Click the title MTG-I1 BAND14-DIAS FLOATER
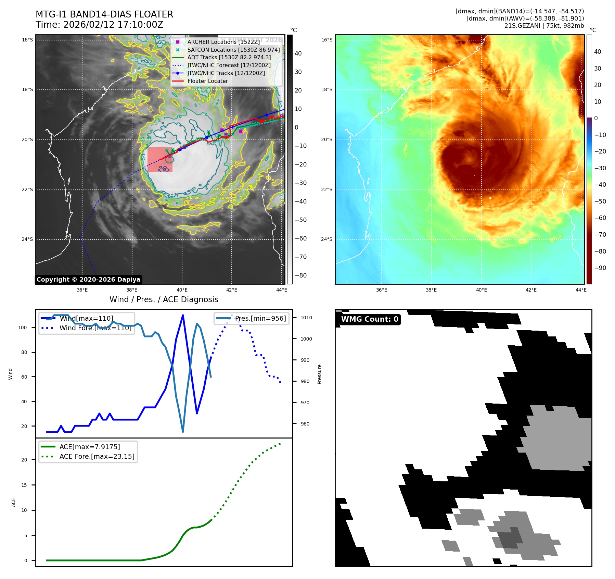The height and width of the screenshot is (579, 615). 104,14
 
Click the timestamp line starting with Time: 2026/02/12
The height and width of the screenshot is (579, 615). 99,25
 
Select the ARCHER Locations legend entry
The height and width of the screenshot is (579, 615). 223,42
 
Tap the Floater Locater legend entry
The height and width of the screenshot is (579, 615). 207,81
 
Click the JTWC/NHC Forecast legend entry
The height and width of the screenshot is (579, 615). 229,65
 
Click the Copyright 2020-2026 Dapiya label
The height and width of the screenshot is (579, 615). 88,280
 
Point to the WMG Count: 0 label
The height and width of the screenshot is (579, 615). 370,319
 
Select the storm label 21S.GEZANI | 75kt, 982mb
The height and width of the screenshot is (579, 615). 544,26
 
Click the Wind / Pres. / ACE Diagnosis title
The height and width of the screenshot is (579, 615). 164,299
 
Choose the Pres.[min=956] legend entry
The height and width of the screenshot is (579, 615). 260,318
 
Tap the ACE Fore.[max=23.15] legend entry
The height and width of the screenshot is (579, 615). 97,456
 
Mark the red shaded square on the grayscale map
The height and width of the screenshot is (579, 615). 160,160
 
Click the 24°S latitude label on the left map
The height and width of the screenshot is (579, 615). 27,239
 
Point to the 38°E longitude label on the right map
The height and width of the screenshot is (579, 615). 431,290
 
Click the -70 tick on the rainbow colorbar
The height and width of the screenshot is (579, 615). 600,235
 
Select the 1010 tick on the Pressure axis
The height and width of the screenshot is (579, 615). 306,318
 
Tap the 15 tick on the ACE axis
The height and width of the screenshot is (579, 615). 24,485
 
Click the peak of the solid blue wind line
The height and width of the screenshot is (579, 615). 183,315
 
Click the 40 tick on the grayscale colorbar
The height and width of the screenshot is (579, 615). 298,53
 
